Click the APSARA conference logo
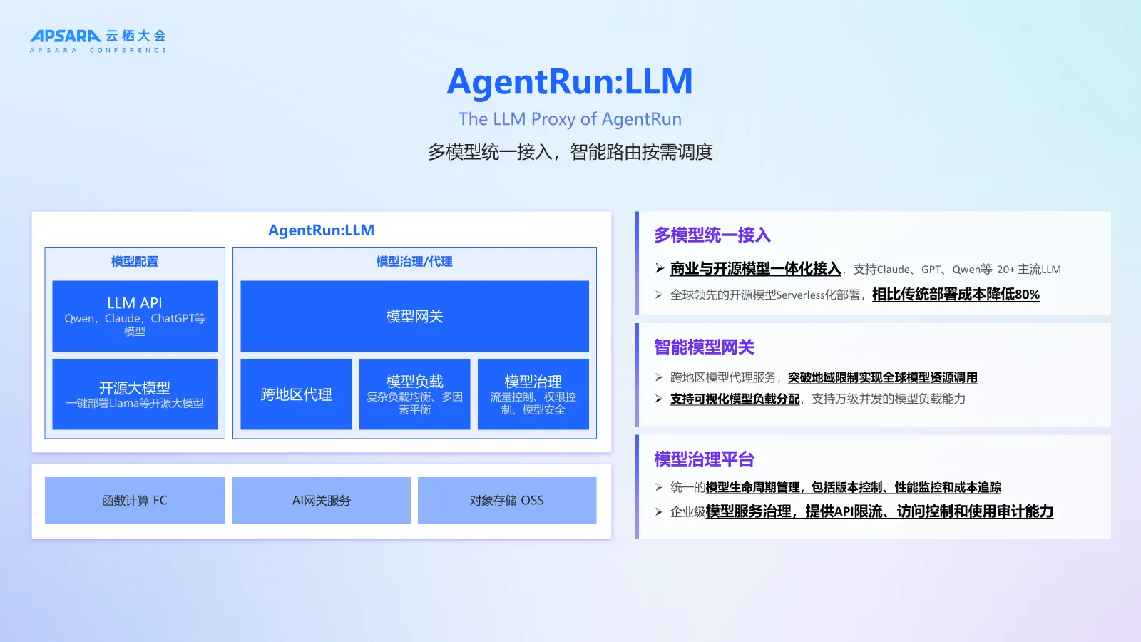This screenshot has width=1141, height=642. coord(98,41)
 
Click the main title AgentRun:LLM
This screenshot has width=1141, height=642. coord(570,82)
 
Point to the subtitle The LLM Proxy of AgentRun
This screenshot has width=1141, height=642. coord(570,119)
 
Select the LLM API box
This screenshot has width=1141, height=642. coord(135,315)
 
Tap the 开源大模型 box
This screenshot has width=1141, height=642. coord(135,394)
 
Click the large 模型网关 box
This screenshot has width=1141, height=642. coord(414,316)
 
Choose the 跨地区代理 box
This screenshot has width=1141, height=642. coord(296,394)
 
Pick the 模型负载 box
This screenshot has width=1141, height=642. coord(414,394)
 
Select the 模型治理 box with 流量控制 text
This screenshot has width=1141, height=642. coord(533,394)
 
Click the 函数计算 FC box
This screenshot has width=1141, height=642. coord(135,500)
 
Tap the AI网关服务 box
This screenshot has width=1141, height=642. coord(321,500)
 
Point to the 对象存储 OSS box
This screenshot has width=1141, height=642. coord(506,500)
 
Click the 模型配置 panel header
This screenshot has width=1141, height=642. coord(135,262)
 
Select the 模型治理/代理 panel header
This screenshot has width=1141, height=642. coord(414,262)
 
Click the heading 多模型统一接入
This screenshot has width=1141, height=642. coord(712,235)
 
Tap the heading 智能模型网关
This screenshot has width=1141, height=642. coord(704,347)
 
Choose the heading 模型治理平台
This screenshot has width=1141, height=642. coord(704,459)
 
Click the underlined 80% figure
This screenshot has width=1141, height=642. coord(1027,295)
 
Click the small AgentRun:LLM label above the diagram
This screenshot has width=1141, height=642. coord(321,230)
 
